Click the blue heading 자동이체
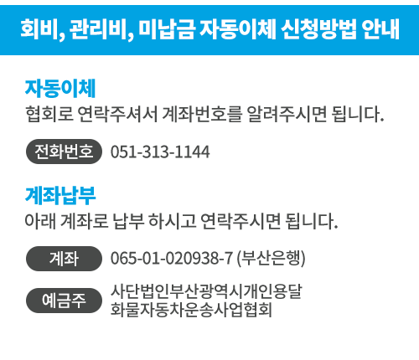point(60,88)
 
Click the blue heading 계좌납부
point(60,195)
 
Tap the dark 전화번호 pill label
point(64,152)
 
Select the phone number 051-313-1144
point(160,152)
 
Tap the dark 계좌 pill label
point(64,259)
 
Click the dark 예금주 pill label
point(64,301)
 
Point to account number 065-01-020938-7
point(172,258)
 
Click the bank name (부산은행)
point(271,258)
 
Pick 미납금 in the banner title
point(166,28)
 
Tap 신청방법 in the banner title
point(318,28)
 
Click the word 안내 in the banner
point(380,28)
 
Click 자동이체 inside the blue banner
point(237,28)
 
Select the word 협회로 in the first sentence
point(49,114)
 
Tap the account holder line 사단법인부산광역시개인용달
point(206,292)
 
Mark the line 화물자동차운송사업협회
point(191,310)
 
